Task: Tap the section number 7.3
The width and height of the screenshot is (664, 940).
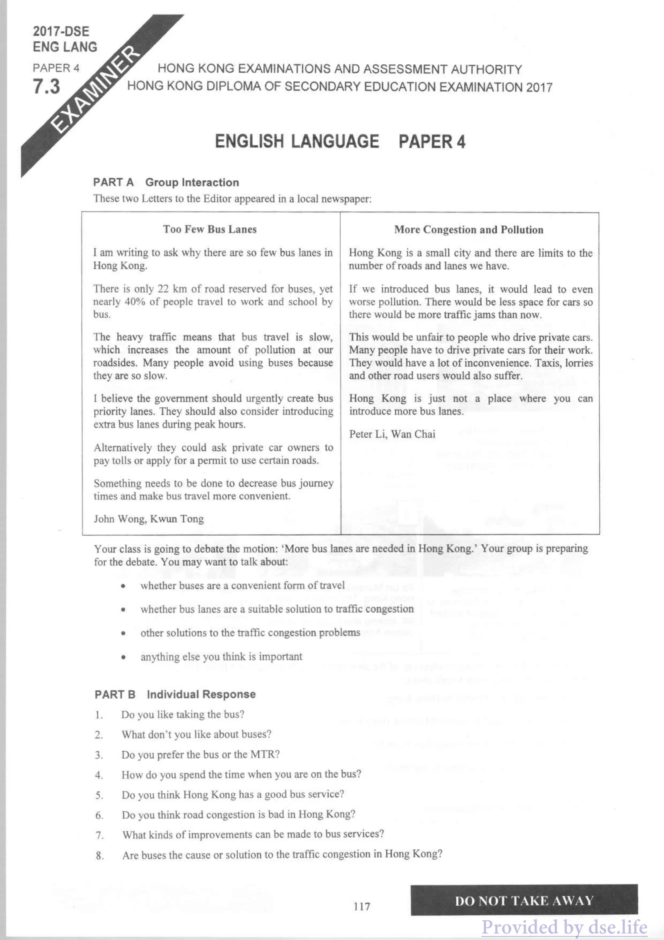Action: click(46, 86)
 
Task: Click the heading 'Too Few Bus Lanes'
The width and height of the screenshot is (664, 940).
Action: click(210, 229)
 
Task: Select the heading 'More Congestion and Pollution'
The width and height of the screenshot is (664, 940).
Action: click(468, 230)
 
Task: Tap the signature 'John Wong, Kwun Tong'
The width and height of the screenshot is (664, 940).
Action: click(149, 519)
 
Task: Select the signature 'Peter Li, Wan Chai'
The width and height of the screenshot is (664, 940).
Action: click(392, 434)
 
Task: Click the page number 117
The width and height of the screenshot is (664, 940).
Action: click(362, 906)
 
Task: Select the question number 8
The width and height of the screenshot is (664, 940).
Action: click(99, 856)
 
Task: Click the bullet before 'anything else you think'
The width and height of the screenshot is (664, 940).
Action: click(123, 657)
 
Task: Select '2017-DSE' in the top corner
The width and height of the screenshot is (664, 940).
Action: click(61, 31)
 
